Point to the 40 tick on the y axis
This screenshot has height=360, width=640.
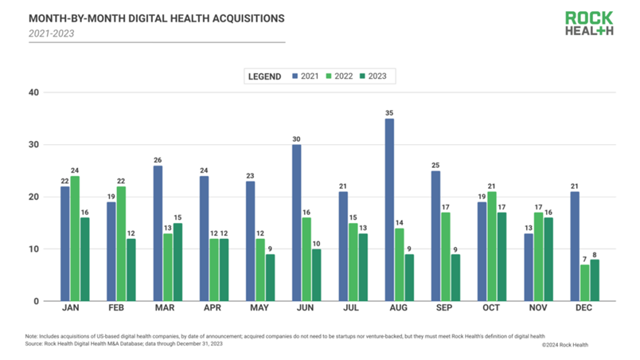coord(34,92)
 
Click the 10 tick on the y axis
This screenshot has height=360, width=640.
coord(34,249)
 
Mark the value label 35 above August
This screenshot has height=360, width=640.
coord(389,112)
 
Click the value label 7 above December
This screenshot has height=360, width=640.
coord(585,259)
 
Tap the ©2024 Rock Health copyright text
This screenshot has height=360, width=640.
coord(564,344)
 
